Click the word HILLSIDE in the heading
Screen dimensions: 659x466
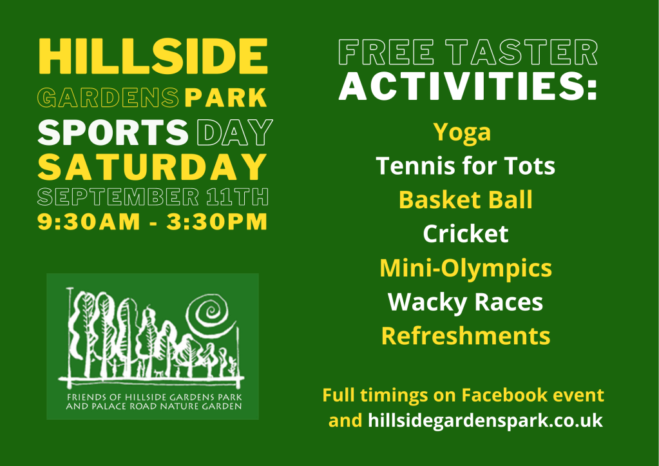point(153,56)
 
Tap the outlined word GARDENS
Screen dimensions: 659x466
point(108,97)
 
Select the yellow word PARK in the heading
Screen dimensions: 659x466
point(225,97)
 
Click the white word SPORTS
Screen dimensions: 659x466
point(113,132)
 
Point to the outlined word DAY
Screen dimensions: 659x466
point(234,132)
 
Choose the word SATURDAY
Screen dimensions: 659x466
point(152,167)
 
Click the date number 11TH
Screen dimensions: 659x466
point(238,197)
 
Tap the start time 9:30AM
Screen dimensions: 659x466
point(89,222)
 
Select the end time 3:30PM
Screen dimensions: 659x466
point(217,222)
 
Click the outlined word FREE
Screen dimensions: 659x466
point(387,52)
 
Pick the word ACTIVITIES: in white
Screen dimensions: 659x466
point(468,86)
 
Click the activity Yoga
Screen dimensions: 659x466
point(462,133)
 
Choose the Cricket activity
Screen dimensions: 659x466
point(466,234)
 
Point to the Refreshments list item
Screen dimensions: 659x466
point(466,336)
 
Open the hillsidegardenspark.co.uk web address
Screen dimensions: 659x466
point(486,421)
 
